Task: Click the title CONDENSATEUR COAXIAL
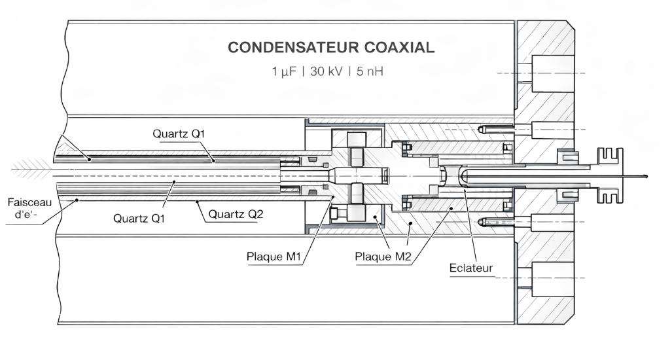(x=330, y=48)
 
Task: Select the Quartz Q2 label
(x=233, y=213)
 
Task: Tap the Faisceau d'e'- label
(x=26, y=208)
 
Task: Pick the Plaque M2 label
(x=383, y=256)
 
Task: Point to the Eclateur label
(x=472, y=268)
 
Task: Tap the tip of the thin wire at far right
(x=646, y=175)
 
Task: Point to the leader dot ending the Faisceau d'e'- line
(x=78, y=200)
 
